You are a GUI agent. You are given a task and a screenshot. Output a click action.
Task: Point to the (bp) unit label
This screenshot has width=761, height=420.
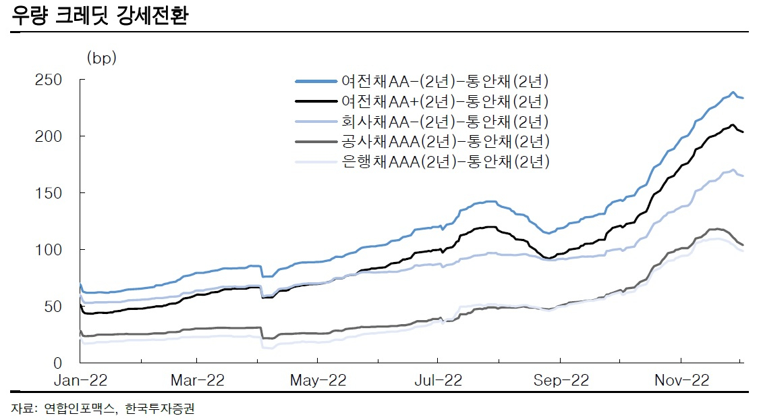click(x=101, y=58)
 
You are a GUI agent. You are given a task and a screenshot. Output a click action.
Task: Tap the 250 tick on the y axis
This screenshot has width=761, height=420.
click(x=49, y=80)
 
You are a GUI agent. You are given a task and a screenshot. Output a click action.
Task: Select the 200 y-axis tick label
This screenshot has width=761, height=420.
click(x=49, y=136)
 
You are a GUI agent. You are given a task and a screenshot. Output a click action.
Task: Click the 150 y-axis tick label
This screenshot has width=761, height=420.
click(x=49, y=193)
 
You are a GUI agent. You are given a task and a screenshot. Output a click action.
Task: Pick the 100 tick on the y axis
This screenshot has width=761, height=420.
click(x=49, y=250)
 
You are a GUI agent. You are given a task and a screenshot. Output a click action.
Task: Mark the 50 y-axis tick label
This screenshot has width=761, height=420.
click(x=53, y=307)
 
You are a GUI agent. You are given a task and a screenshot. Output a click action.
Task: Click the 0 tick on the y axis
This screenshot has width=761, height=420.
click(x=58, y=363)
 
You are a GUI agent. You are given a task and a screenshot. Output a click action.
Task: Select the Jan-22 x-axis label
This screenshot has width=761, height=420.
click(x=80, y=380)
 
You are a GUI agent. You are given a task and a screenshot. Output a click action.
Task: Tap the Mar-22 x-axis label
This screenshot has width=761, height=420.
click(x=198, y=380)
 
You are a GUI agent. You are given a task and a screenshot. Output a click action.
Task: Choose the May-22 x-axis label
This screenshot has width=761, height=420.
click(x=318, y=380)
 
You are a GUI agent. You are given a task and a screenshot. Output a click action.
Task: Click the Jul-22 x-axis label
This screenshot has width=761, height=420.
click(x=439, y=380)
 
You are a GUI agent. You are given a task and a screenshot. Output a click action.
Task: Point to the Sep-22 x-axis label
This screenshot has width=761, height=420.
click(x=561, y=380)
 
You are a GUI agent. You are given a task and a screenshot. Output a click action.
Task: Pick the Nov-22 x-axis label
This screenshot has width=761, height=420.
click(x=682, y=380)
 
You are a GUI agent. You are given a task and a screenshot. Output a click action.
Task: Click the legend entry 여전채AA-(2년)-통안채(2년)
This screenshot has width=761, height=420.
click(x=422, y=81)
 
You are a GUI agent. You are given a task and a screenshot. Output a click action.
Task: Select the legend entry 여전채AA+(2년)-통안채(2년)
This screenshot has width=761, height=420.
click(x=422, y=101)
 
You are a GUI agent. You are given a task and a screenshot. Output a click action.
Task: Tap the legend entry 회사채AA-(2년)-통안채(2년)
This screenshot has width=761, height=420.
click(x=422, y=122)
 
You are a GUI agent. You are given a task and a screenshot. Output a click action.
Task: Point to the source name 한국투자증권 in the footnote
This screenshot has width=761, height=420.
click(x=160, y=409)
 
